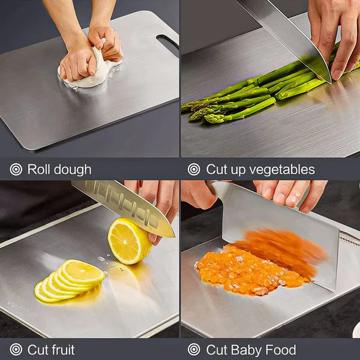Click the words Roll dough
tap(59, 169)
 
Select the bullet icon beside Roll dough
tap(16, 169)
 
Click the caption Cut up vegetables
tap(260, 169)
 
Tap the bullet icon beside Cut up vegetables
tap(194, 169)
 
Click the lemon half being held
tap(128, 241)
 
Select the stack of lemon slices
tap(69, 280)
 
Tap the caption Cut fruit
tap(51, 349)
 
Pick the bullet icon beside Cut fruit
tap(16, 349)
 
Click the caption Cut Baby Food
tap(251, 349)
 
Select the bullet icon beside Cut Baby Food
tap(194, 349)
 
